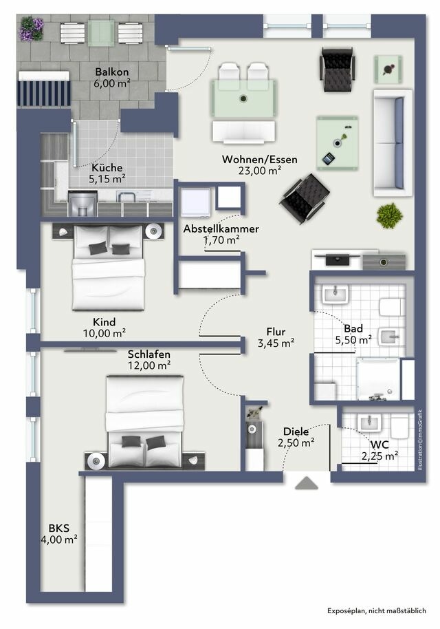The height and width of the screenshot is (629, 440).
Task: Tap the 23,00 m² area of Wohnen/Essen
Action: point(260,171)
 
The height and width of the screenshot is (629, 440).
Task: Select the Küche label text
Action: point(107,167)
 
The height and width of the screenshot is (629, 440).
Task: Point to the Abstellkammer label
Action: point(221,228)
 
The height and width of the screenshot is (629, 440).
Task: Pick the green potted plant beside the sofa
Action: point(390,215)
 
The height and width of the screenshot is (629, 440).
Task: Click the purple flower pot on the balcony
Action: point(32,29)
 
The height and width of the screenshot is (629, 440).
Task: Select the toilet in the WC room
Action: point(399,425)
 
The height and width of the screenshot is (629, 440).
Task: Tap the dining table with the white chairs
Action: point(243,99)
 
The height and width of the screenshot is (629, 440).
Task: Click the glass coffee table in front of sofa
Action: point(338,142)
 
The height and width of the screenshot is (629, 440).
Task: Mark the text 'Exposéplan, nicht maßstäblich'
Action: point(376,610)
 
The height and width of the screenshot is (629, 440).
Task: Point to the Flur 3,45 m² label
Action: point(276,337)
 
